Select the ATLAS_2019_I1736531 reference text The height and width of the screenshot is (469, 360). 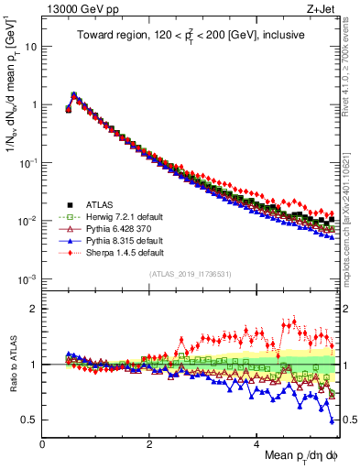pos(190,275)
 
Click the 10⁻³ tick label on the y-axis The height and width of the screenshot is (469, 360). pos(27,278)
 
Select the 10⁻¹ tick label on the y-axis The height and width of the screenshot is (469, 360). pos(27,162)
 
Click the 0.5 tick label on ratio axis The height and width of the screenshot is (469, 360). pos(28,420)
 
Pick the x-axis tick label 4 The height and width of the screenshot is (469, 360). pos(256,444)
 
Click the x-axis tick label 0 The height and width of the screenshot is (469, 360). pos(42,444)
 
